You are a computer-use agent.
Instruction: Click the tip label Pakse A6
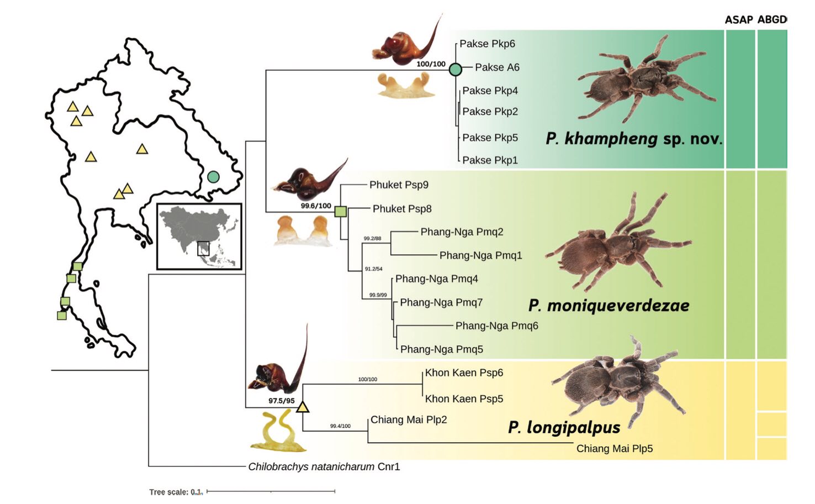[497, 67]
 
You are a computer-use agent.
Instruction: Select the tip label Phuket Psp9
[399, 185]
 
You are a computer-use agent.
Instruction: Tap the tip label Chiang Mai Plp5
[614, 449]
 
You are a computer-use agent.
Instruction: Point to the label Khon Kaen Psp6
[464, 373]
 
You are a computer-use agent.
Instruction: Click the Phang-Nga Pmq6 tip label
[496, 326]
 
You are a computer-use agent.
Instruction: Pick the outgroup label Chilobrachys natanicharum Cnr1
[324, 467]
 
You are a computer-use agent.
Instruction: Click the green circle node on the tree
[455, 70]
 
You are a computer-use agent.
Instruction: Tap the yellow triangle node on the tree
[303, 408]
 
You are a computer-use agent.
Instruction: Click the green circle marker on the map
[213, 177]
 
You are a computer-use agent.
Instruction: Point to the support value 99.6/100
[316, 206]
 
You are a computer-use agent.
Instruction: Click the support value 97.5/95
[282, 401]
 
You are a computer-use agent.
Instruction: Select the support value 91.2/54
[373, 269]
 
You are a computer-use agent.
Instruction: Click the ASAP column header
[739, 20]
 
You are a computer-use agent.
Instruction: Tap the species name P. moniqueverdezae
[608, 306]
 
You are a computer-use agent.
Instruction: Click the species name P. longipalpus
[564, 427]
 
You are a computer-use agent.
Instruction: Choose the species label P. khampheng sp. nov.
[634, 139]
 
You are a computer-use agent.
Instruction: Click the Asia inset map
[199, 237]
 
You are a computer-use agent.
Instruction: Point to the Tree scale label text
[176, 492]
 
